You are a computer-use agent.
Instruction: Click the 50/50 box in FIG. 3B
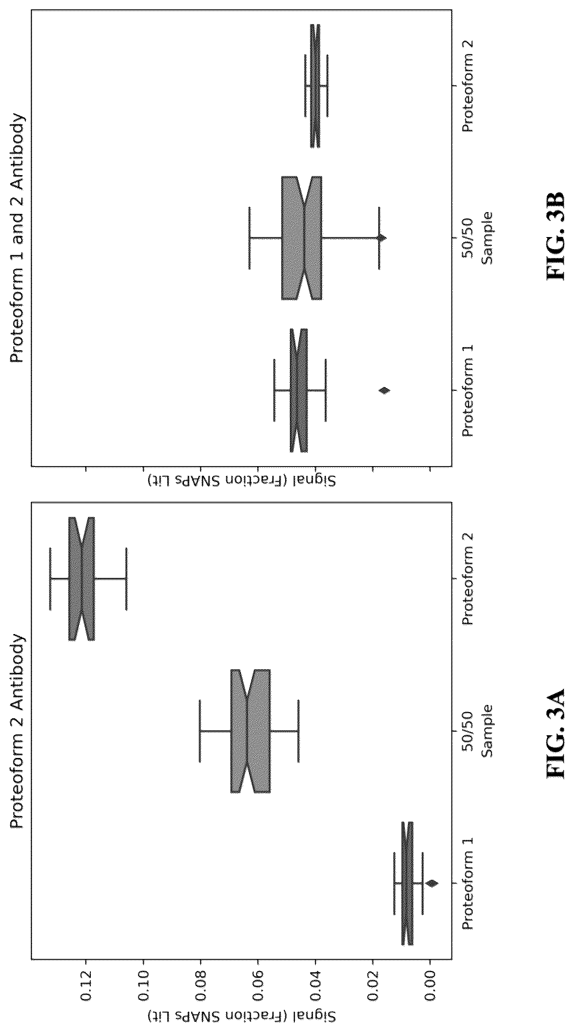pos(301,238)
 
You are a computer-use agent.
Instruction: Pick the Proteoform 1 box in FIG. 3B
pos(298,390)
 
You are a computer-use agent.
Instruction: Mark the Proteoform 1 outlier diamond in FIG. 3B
pos(384,390)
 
